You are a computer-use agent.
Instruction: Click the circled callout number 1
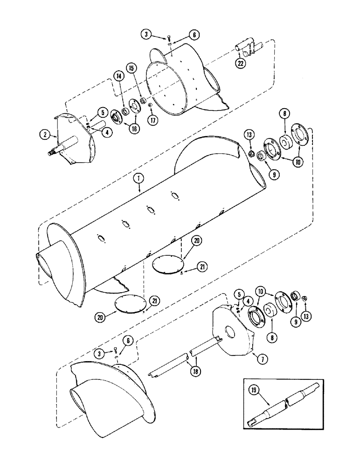pos(138,178)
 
